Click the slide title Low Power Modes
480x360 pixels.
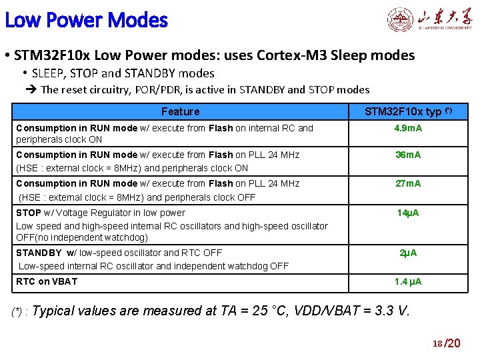tap(86, 21)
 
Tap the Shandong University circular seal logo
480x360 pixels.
tap(401, 20)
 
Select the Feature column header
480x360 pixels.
tap(180, 111)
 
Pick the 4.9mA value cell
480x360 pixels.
tap(409, 128)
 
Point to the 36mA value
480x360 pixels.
tap(409, 155)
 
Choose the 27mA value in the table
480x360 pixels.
tap(409, 183)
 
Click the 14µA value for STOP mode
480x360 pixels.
tap(409, 213)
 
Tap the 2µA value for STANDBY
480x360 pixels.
tap(409, 253)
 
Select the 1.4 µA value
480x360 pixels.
tap(408, 282)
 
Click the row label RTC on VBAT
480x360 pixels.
tap(47, 281)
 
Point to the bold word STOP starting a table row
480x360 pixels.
tap(29, 213)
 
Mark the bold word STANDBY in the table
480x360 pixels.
tap(39, 253)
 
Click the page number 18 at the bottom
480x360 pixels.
tap(437, 343)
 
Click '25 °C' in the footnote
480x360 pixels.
tap(267, 311)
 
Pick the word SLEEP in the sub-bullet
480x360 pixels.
tap(49, 73)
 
